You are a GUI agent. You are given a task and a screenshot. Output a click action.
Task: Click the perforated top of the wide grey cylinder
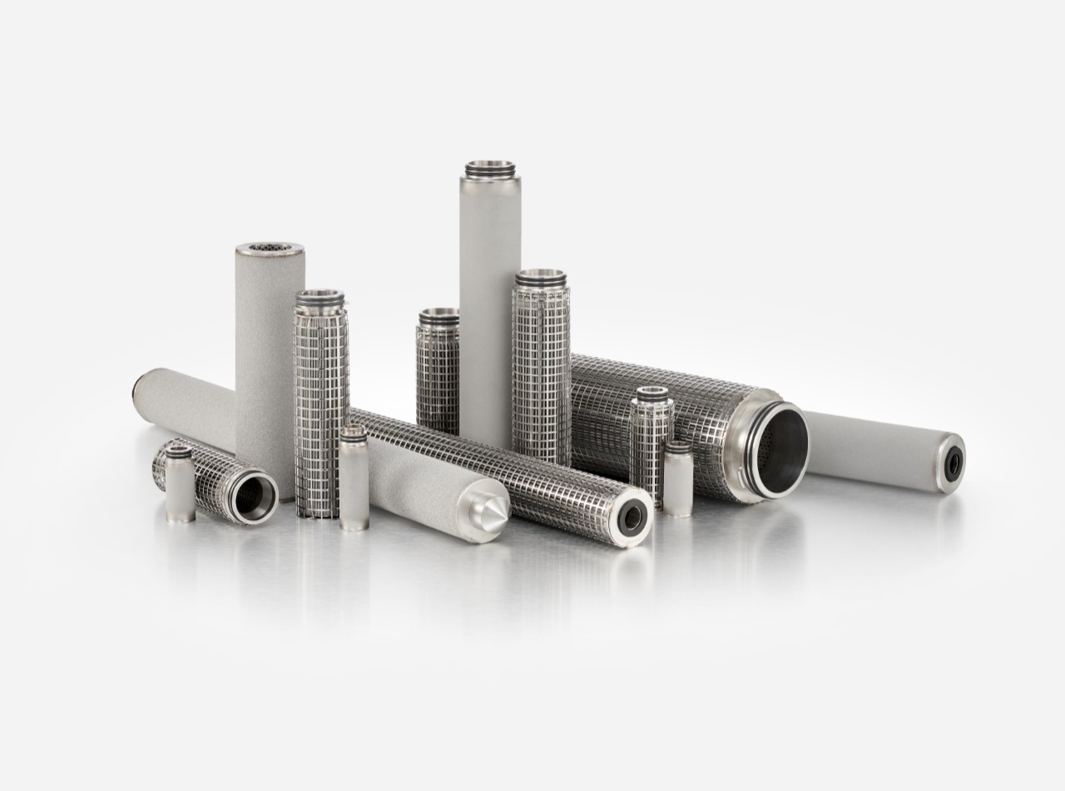coord(270,250)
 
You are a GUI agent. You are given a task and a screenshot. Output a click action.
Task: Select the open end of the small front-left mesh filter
coord(255,497)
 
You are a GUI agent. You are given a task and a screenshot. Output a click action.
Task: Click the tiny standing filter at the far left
coord(180,487)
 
